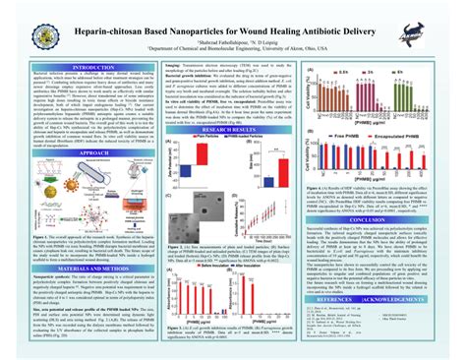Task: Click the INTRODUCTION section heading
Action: point(87,67)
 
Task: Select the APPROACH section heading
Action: point(87,154)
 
